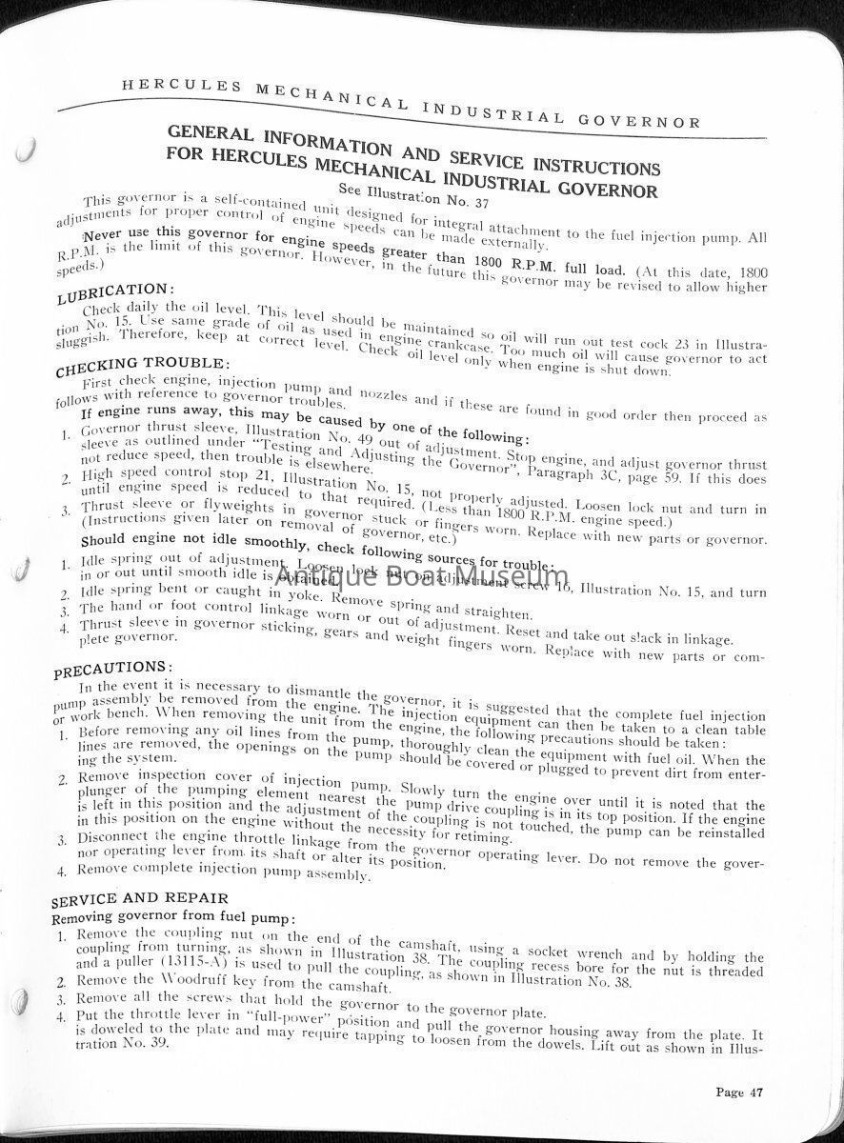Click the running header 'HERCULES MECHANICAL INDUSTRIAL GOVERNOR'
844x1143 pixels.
coord(412,104)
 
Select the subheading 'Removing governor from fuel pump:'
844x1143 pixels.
coord(159,918)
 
